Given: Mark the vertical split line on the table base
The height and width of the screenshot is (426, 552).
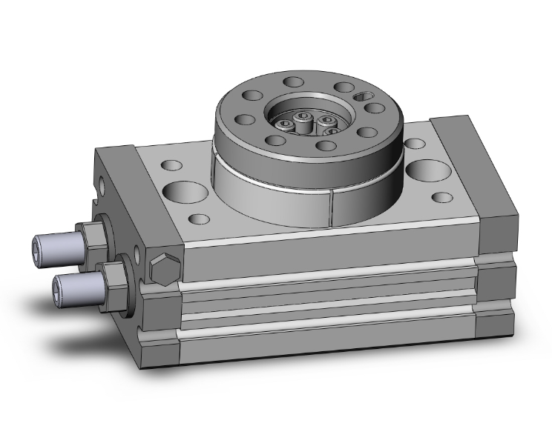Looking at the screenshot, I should [x=332, y=207].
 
